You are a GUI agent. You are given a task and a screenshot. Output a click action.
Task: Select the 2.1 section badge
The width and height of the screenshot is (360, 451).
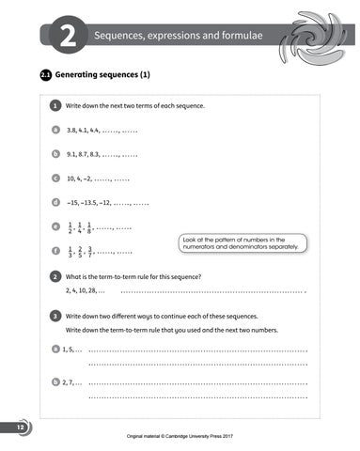44,73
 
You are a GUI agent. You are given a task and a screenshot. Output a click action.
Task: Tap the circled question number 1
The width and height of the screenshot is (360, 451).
56,106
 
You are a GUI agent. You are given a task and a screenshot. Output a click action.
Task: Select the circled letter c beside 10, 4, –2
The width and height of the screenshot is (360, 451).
56,178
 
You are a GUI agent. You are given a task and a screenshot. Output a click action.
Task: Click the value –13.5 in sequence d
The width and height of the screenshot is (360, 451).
95,202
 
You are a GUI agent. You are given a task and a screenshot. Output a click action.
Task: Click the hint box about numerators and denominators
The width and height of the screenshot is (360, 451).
242,243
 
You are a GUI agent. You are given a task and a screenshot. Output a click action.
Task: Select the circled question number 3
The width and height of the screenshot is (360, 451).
56,317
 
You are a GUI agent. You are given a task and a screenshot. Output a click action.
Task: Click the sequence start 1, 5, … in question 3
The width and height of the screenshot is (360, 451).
71,350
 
